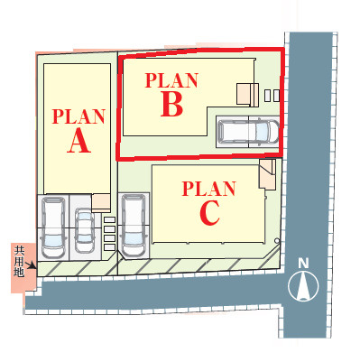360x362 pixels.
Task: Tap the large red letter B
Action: tap(171, 103)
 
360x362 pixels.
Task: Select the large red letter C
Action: tap(209, 213)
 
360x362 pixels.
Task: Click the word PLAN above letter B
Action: tap(171, 80)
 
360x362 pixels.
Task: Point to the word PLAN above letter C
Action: tap(208, 189)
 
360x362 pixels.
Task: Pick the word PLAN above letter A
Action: tap(78, 116)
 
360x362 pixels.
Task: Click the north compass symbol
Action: tap(303, 285)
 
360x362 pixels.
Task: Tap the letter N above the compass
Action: tap(303, 264)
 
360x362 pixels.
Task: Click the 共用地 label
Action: tap(19, 261)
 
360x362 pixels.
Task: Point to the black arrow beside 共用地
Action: tap(31, 265)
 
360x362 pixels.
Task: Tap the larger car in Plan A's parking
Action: tap(53, 227)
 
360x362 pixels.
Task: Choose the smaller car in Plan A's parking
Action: tap(84, 230)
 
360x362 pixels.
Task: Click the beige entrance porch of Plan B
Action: tap(247, 95)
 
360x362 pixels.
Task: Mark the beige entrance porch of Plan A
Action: tap(101, 201)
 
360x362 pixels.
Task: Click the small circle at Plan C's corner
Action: tap(277, 241)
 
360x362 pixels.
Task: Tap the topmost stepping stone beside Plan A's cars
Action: tap(109, 220)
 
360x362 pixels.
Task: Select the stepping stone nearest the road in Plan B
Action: tap(276, 96)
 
